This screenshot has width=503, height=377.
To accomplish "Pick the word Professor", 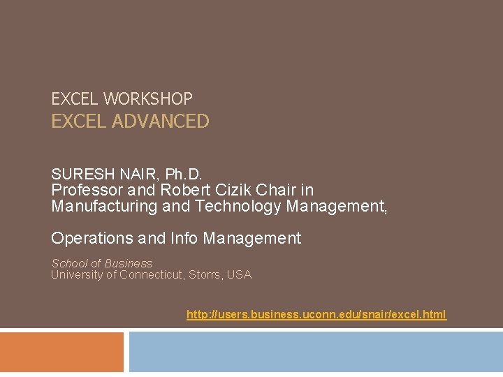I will [x=85, y=190].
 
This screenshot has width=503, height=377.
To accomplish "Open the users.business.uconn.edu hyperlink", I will [x=316, y=315].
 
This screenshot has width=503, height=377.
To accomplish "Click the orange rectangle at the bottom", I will [x=61, y=352].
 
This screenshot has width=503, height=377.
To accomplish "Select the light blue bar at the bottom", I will [x=316, y=352].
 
